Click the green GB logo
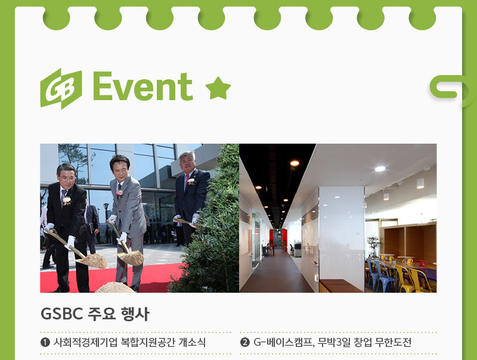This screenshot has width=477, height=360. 61,88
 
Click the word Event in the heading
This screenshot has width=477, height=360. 143,86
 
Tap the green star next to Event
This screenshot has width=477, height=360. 218,88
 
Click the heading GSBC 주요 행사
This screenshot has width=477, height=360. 95,314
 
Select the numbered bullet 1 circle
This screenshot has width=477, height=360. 45,342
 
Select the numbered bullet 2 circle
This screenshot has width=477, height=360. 245,342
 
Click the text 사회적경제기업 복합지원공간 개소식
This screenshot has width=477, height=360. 129,342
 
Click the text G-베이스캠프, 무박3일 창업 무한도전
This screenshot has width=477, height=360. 332,342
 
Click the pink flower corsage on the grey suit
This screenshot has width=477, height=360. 120,193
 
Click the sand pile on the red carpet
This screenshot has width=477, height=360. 115,288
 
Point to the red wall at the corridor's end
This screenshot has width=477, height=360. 284,238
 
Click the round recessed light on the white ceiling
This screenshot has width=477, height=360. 380,169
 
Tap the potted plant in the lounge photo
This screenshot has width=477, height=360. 373,246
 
